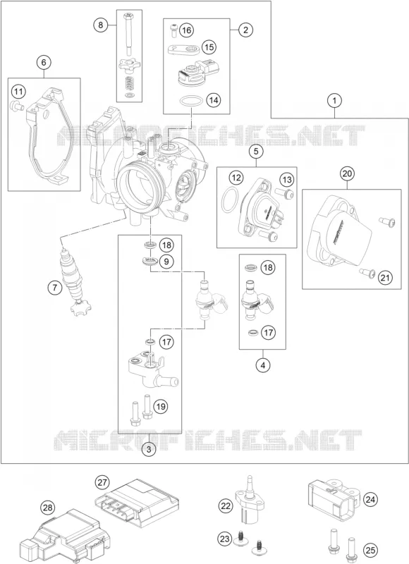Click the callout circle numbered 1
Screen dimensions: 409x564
tap(334, 100)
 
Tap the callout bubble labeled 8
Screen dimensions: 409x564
tap(101, 25)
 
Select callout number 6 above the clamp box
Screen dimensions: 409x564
tap(44, 62)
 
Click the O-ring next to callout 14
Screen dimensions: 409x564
tap(190, 101)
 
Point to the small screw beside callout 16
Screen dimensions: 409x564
tap(173, 30)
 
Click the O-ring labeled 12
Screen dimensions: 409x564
tap(230, 200)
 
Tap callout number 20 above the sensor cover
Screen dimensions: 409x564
tap(347, 173)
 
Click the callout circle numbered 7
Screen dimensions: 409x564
tap(55, 288)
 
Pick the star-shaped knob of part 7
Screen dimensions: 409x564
tap(80, 309)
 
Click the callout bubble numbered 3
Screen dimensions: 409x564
tap(149, 449)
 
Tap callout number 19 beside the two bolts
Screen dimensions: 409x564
tap(161, 407)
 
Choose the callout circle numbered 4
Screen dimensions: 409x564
tap(263, 365)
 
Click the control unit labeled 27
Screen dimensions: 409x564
tap(138, 503)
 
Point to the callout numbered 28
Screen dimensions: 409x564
tap(47, 508)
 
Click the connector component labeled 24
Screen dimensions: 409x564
tap(334, 498)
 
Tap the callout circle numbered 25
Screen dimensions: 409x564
tap(370, 550)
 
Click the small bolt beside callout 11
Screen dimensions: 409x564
tap(16, 105)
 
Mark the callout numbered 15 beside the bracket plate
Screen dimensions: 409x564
tap(209, 47)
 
